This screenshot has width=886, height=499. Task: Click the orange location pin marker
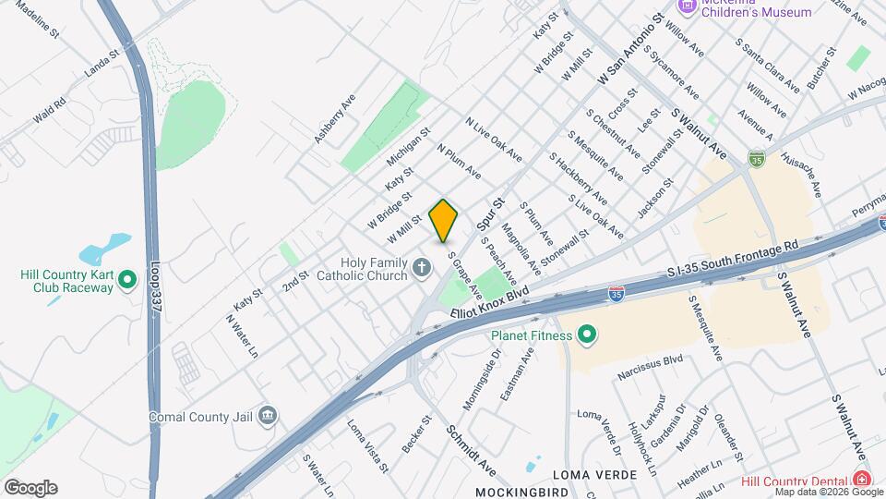point(444,220)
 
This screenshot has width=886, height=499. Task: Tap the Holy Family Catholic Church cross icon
point(422,269)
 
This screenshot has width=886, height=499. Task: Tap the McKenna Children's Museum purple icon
point(687,6)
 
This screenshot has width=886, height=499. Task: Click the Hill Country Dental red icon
point(861,479)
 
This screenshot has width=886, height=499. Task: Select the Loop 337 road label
point(154,288)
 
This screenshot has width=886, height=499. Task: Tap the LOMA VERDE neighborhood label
point(594,474)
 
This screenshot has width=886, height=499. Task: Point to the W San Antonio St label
point(631,51)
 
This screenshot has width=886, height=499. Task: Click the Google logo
point(30,488)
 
